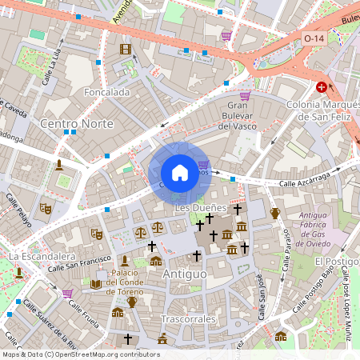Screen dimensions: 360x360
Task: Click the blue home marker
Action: pyautogui.click(x=180, y=172)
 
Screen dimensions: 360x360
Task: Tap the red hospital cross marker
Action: pyautogui.click(x=322, y=86)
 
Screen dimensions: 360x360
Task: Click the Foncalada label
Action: pyautogui.click(x=106, y=93)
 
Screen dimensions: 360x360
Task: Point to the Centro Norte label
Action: pyautogui.click(x=76, y=124)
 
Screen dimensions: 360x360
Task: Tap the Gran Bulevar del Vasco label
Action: pyautogui.click(x=236, y=115)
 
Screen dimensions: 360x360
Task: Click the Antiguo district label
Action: pyautogui.click(x=184, y=274)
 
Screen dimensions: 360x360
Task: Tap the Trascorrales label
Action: pyautogui.click(x=188, y=318)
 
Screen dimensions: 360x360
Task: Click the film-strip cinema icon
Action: pyautogui.click(x=125, y=49)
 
